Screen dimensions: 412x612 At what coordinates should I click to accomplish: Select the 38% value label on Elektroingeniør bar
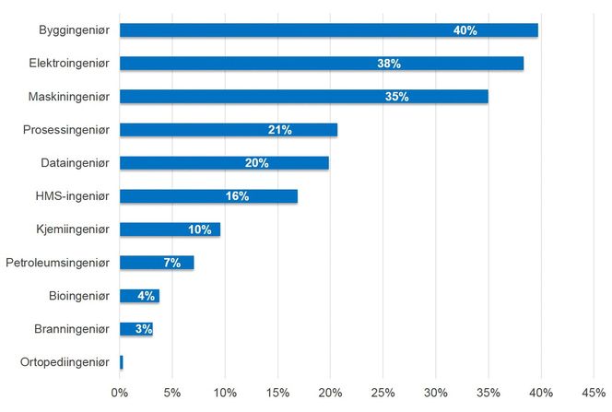388,64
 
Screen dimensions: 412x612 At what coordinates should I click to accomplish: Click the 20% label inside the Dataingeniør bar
256,163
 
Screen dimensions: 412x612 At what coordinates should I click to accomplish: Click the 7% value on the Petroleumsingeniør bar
171,263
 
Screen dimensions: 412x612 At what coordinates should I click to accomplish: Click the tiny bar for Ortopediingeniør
122,362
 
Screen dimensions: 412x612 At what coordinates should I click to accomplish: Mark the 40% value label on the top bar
465,30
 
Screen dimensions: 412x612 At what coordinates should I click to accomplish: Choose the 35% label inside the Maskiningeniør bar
397,97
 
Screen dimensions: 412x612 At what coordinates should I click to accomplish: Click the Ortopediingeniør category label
65,362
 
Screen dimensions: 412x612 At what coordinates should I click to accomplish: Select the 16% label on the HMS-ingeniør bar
237,196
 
